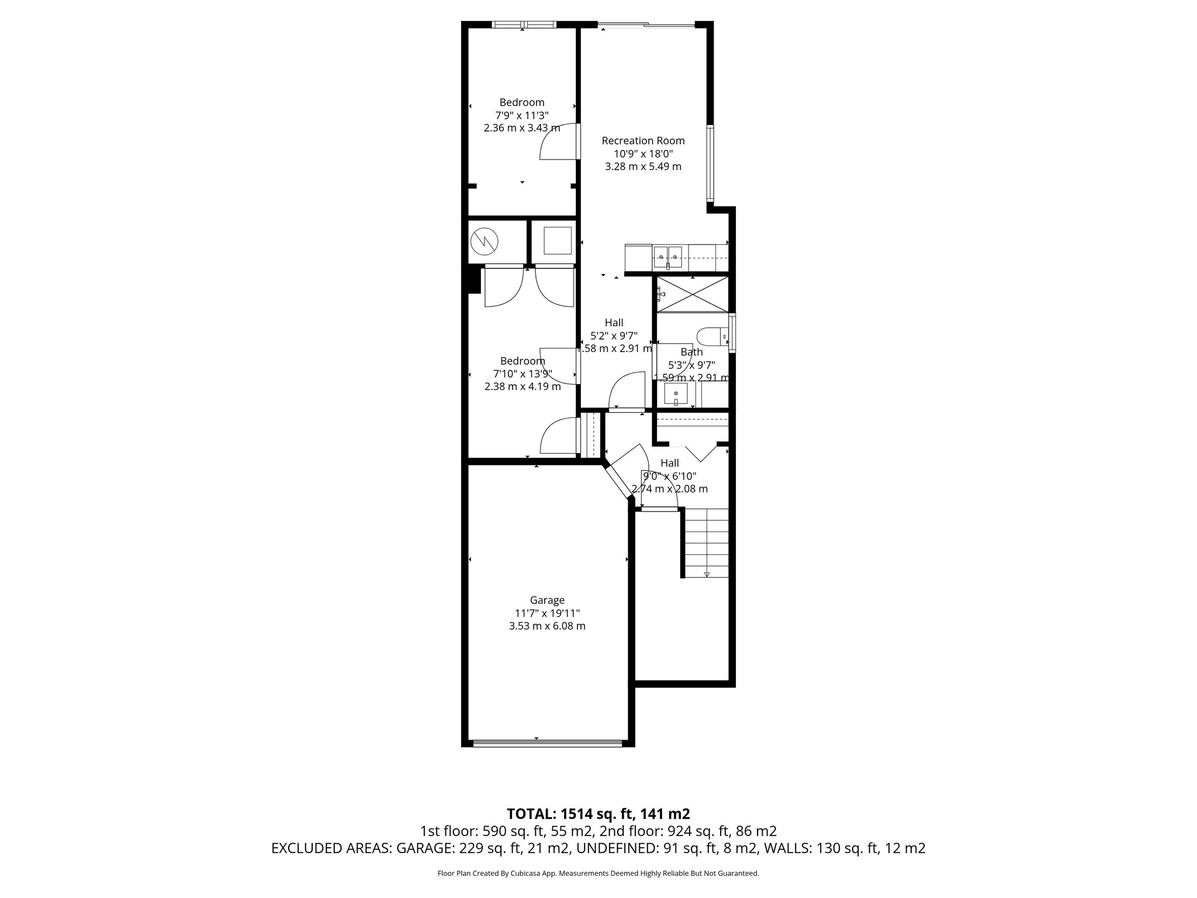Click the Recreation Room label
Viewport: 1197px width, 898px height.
click(x=643, y=141)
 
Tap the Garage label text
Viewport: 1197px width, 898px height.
click(x=547, y=600)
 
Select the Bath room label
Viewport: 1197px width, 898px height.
click(x=691, y=352)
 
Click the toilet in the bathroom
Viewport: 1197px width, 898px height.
click(x=711, y=336)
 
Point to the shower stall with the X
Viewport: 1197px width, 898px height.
click(x=693, y=295)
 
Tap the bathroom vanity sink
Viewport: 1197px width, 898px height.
click(x=677, y=394)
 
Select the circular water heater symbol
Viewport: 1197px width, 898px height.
click(x=485, y=240)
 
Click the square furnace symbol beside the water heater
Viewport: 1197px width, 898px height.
click(x=556, y=240)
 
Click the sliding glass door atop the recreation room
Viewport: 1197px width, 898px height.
click(x=646, y=25)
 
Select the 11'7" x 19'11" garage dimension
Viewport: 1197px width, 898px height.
click(x=547, y=613)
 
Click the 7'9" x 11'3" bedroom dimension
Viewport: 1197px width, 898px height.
click(x=521, y=115)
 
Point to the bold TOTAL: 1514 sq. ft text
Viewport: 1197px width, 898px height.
click(x=598, y=814)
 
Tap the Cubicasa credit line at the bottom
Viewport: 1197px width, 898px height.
click(x=598, y=873)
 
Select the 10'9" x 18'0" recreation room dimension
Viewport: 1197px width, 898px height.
click(x=643, y=154)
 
